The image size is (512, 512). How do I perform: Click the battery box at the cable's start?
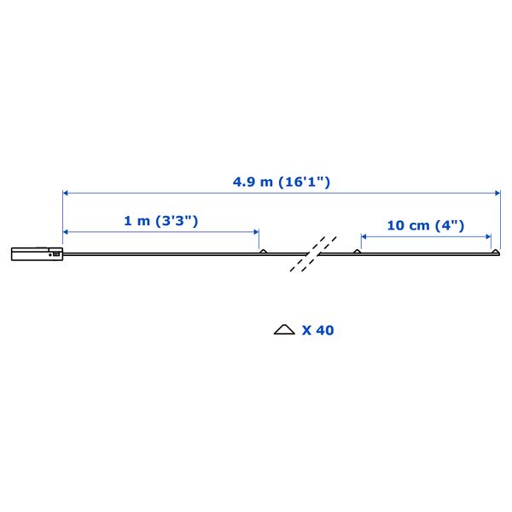tap(37, 253)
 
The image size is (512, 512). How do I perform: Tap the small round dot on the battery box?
tap(50, 254)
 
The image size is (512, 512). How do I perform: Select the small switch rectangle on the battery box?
tap(56, 253)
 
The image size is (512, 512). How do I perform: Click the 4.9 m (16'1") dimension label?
tap(281, 182)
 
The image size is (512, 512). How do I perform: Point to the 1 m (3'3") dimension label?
tap(161, 221)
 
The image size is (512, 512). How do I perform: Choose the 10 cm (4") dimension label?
tap(426, 225)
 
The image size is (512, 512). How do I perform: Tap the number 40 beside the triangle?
tap(324, 330)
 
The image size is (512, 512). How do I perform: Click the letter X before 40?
tap(306, 330)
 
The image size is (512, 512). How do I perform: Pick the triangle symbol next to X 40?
tap(284, 329)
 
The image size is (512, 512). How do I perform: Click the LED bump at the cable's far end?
tap(496, 252)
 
